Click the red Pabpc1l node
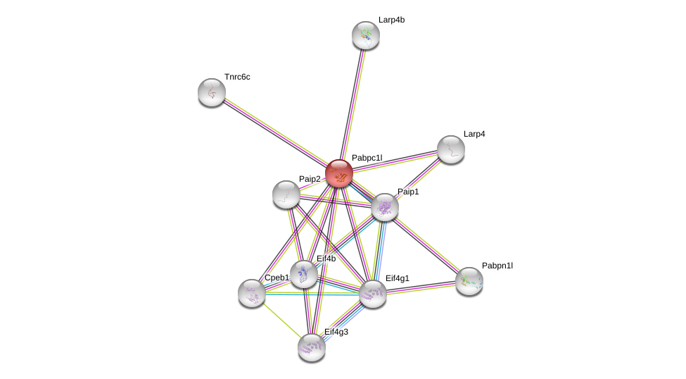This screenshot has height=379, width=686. tap(338, 173)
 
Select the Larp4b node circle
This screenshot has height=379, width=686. tap(366, 35)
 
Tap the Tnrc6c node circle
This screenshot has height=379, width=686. tap(212, 92)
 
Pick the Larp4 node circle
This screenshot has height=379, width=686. tap(451, 149)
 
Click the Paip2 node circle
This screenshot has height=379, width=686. tap(286, 194)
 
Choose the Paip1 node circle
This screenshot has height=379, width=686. tap(385, 207)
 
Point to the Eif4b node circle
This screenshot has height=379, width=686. tap(304, 274)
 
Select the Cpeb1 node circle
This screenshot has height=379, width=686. tap(252, 293)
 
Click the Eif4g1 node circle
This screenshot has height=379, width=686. tap(373, 294)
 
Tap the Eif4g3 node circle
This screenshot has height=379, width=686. tap(312, 347)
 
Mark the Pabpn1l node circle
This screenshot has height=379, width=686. tap(469, 281)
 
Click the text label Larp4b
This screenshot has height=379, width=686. tap(391, 20)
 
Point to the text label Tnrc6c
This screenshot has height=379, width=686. tap(237, 77)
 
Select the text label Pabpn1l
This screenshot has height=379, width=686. tap(497, 266)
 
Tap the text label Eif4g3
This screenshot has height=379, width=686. tap(336, 332)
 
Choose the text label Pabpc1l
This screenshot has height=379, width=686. tap(367, 158)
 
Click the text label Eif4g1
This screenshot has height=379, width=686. tap(397, 278)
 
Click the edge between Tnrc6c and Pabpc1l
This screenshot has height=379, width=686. tap(275, 133)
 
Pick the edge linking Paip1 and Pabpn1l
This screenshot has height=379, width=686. tap(427, 244)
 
